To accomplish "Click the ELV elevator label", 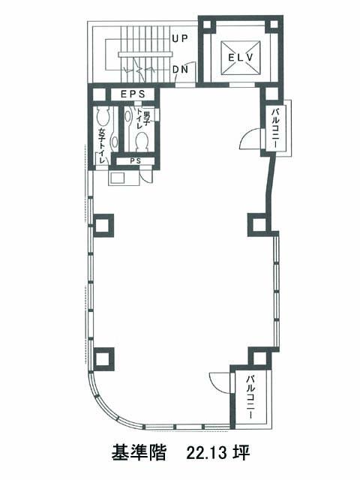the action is [x=241, y=57].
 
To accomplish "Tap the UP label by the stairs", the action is [x=180, y=38].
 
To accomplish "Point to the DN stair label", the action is [x=180, y=70].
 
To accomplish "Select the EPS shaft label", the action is [x=133, y=94].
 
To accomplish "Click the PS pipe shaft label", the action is [x=135, y=160].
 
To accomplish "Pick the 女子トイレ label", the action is [x=102, y=145].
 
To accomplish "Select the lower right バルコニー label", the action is [x=250, y=397].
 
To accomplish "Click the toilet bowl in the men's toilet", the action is [x=142, y=142].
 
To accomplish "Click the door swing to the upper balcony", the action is [x=251, y=138].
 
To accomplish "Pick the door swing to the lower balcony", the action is [x=220, y=382].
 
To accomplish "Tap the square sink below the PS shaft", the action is [x=118, y=178].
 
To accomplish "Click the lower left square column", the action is [x=103, y=358].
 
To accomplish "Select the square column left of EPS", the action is [x=98, y=94].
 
